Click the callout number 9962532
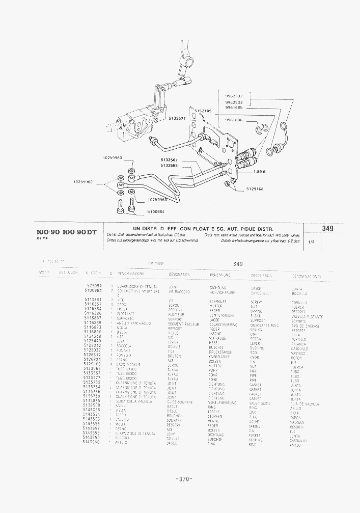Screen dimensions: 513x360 [234, 96]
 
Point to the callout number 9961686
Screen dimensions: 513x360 [234, 120]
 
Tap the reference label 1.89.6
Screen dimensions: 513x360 [259, 172]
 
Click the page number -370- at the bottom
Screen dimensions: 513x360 [182, 479]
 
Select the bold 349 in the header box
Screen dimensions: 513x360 [327, 229]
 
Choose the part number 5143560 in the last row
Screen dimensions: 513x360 [94, 443]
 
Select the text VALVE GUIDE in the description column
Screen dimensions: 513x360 [260, 402]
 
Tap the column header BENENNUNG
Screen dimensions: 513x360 [220, 275]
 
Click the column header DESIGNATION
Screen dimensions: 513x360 [179, 275]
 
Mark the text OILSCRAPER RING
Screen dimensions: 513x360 [265, 325]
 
